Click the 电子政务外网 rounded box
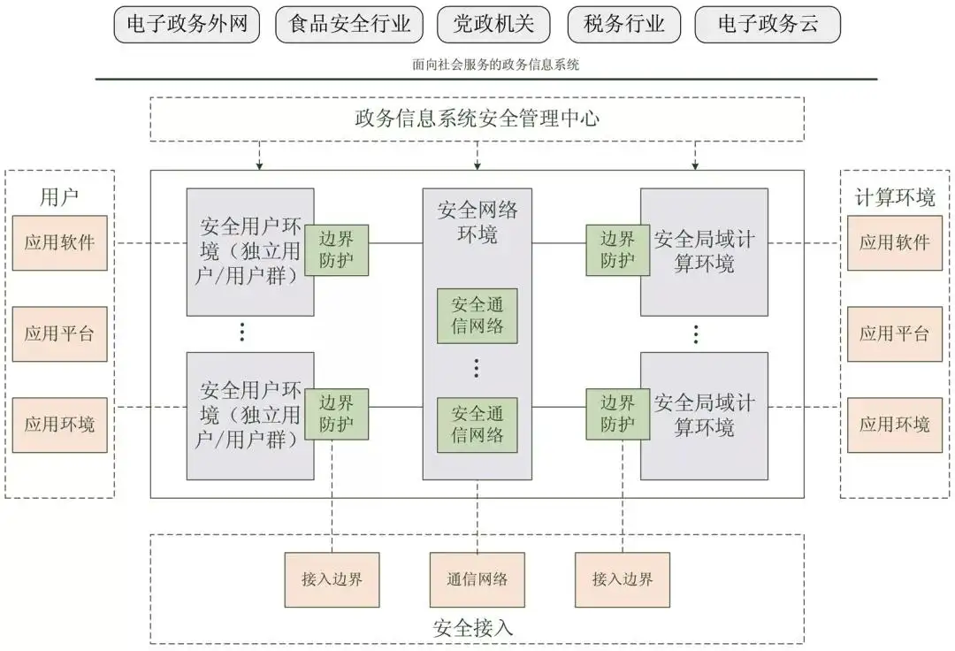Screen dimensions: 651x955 [x=187, y=25]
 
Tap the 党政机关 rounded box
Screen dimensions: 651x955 [x=493, y=25]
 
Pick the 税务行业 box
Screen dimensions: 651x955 [x=623, y=25]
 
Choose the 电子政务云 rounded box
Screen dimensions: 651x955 [x=768, y=25]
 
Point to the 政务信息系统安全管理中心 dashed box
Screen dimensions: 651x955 [x=477, y=119]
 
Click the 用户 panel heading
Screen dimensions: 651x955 [x=59, y=196]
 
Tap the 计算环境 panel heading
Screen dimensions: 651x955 [x=895, y=196]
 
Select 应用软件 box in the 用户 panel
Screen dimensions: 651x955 [x=59, y=242]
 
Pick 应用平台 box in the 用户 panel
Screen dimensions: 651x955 [x=59, y=333]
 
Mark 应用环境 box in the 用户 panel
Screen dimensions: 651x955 [x=59, y=425]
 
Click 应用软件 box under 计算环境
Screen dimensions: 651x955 [x=895, y=242]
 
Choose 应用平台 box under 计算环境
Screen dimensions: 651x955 [x=895, y=333]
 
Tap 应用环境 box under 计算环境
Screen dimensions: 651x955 [x=895, y=425]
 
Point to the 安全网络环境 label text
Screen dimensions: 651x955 [x=477, y=222]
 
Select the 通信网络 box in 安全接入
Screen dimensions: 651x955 [x=477, y=579]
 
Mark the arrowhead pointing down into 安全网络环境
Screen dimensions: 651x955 [x=477, y=165]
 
